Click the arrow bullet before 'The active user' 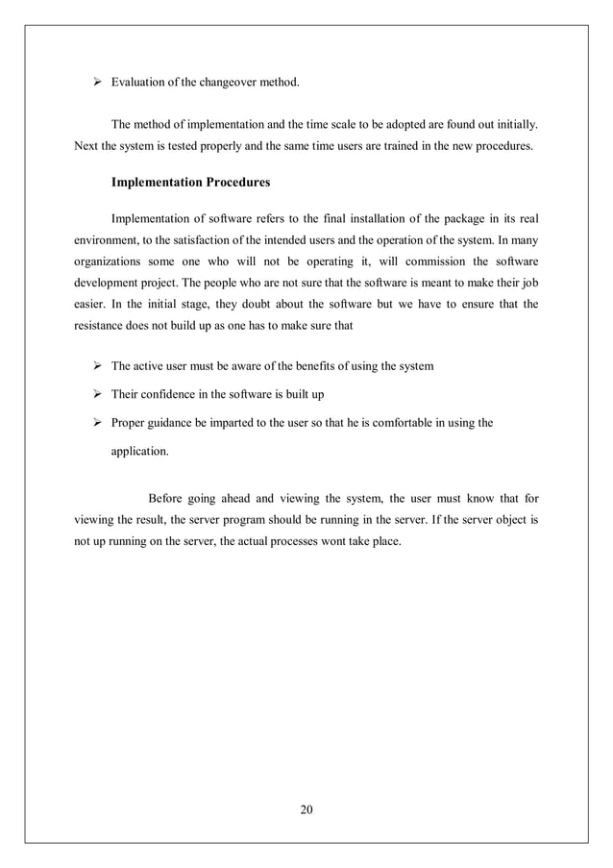[x=96, y=366]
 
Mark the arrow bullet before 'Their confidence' [x=96, y=393]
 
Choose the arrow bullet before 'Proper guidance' [x=96, y=421]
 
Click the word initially [x=514, y=125]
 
